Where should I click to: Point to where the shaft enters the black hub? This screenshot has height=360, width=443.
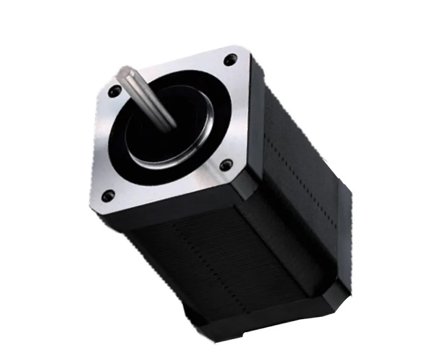[x=172, y=125]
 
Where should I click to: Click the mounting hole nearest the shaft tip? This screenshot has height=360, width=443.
[x=116, y=90]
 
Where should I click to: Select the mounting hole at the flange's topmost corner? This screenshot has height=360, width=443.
[x=231, y=59]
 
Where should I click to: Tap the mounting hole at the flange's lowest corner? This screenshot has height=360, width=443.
[x=108, y=194]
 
